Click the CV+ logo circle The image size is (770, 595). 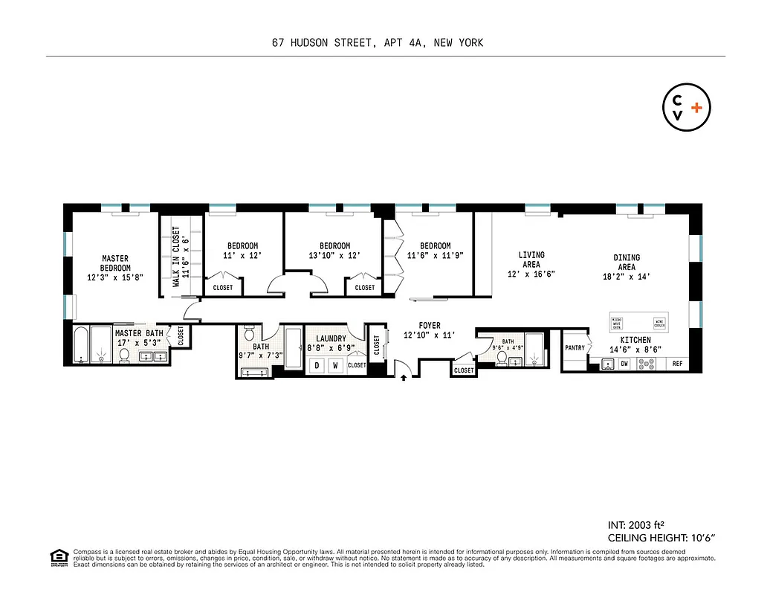point(686,108)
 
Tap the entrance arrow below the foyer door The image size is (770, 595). point(404,378)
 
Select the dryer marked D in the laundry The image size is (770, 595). point(317,366)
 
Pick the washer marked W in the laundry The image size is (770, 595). point(334,366)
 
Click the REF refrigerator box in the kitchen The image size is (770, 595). point(677,364)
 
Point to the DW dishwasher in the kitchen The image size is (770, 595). point(624,364)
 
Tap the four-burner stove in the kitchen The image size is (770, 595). point(647,364)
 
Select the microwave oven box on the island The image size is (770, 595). point(616,324)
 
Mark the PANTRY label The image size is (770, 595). point(575,347)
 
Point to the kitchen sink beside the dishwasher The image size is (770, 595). point(608,364)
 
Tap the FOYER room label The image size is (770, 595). point(430,326)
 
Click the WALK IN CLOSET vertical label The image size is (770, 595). point(176,257)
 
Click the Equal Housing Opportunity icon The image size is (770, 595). point(57,556)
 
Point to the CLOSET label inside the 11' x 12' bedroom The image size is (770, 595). point(223,288)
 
